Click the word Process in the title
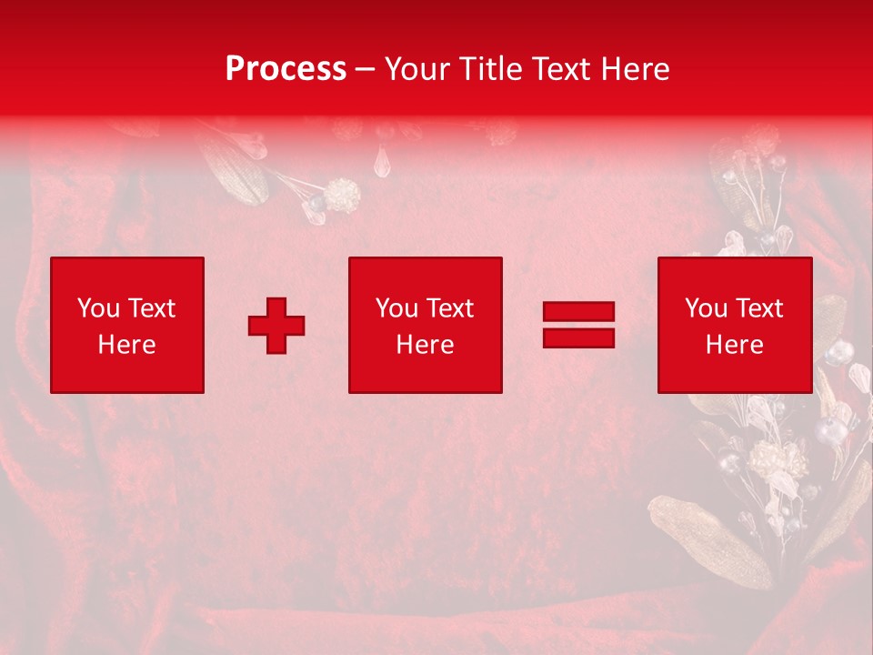286,69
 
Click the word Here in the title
637,69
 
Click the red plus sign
276,326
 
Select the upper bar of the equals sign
578,312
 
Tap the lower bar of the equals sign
578,338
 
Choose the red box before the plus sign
127,325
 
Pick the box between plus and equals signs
426,325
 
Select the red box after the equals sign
735,325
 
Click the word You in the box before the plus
97,308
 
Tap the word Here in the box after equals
735,345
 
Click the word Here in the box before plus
127,345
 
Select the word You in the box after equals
705,308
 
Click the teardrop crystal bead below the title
381,162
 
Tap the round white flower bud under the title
342,194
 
